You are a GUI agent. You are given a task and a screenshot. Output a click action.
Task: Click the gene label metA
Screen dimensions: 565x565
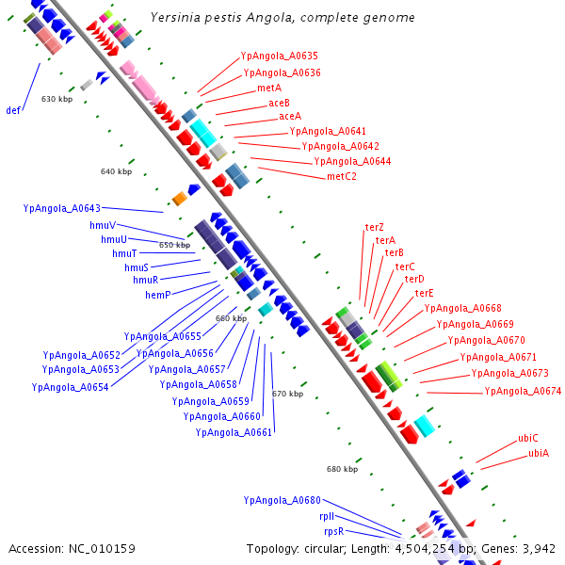[269, 88]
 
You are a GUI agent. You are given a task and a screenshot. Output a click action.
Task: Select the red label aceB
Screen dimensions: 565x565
[279, 103]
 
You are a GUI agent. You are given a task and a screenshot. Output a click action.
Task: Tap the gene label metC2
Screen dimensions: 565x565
[342, 177]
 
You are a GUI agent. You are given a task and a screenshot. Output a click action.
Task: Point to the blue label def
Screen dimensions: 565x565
[13, 110]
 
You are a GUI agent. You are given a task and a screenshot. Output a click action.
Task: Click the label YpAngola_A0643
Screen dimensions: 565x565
[61, 208]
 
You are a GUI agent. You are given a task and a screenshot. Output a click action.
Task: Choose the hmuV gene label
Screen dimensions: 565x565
[103, 226]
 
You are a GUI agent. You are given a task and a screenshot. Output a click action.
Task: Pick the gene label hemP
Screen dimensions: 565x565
[158, 295]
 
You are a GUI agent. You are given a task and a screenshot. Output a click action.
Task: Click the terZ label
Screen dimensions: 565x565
[375, 227]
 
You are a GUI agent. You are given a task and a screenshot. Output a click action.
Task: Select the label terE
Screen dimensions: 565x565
[424, 293]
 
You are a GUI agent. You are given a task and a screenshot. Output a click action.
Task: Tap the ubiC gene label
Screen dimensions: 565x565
[528, 438]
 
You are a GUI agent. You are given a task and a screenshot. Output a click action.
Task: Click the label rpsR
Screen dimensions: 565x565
[334, 531]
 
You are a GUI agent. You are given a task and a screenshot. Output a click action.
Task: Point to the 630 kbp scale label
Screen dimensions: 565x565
[56, 99]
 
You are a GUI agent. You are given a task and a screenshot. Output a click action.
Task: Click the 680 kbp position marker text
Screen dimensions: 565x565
[343, 469]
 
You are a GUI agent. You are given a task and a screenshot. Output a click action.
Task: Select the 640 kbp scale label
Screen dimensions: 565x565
[117, 171]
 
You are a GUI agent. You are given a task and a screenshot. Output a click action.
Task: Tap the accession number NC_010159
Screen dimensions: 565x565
[102, 549]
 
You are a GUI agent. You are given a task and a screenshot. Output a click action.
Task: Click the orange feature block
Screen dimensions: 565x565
[180, 199]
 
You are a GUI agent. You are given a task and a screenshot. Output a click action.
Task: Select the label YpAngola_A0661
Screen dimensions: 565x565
[234, 432]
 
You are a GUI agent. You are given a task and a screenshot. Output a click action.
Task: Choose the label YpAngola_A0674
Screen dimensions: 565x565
[523, 391]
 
